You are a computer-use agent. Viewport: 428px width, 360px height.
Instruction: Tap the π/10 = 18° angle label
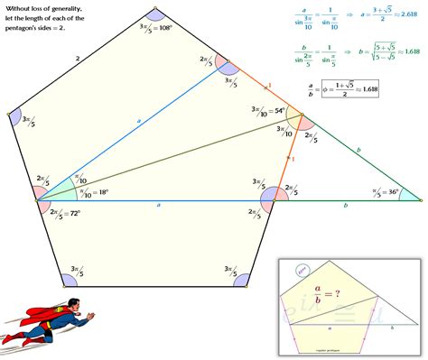point(91,192)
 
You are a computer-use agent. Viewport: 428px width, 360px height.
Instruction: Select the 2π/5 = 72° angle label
point(66,214)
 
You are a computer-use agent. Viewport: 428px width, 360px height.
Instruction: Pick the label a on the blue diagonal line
point(138,119)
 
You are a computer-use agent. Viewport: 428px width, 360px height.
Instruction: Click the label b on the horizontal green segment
point(345,206)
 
